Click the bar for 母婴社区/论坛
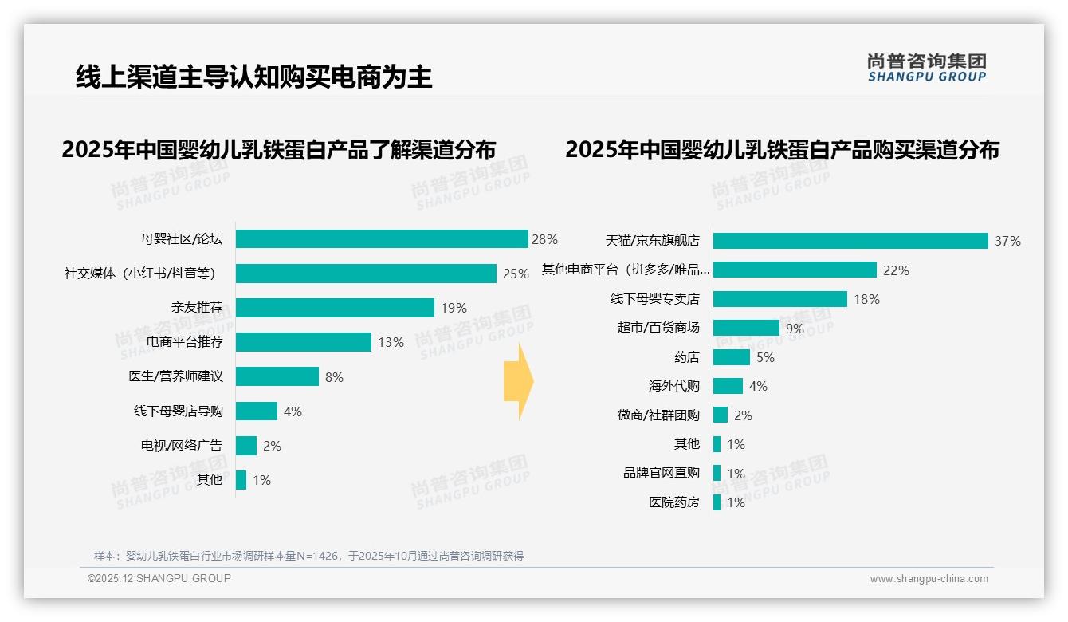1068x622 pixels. [382, 239]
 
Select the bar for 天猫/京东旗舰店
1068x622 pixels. [850, 241]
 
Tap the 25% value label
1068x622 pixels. [516, 274]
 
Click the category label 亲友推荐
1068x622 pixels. [197, 308]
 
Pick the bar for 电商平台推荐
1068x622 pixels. [304, 342]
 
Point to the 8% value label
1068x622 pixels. [334, 377]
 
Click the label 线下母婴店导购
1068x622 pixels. [178, 411]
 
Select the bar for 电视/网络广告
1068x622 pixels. [246, 446]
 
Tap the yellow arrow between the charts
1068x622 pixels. [518, 381]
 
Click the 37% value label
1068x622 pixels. [1007, 241]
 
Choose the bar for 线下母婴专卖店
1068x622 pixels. [779, 299]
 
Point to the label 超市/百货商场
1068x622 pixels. [658, 328]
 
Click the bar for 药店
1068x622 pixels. [731, 357]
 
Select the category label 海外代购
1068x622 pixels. [673, 386]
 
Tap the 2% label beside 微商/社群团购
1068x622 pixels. [743, 415]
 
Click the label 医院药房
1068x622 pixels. [673, 502]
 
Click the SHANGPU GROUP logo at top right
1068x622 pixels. [926, 68]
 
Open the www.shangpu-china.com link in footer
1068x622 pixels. [929, 579]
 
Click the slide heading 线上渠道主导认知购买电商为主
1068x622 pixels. [253, 77]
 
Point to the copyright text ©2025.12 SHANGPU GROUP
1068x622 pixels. [159, 578]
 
